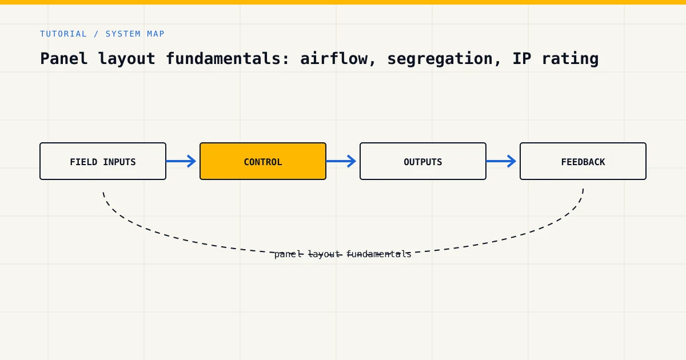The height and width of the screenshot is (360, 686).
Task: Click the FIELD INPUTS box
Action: pyautogui.click(x=103, y=161)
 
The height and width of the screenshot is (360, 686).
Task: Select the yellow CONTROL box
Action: pyautogui.click(x=263, y=161)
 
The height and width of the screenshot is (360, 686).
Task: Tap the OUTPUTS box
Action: pyautogui.click(x=423, y=161)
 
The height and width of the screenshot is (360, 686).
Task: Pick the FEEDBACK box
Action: pyautogui.click(x=583, y=161)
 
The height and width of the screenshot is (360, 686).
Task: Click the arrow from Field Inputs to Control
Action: pyautogui.click(x=181, y=161)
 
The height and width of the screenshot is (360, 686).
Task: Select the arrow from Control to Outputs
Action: pyautogui.click(x=341, y=161)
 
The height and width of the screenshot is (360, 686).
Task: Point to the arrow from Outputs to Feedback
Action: pyautogui.click(x=501, y=161)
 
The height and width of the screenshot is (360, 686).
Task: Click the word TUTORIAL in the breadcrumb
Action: pyautogui.click(x=63, y=34)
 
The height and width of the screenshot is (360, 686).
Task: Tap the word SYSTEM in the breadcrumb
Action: pyautogui.click(x=123, y=34)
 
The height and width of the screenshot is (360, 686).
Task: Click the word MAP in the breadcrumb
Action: pyautogui.click(x=155, y=34)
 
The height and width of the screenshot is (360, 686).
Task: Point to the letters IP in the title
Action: pyautogui.click(x=522, y=58)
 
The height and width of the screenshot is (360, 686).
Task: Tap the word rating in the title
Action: pyautogui.click(x=571, y=59)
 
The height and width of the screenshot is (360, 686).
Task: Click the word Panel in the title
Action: pyautogui.click(x=64, y=58)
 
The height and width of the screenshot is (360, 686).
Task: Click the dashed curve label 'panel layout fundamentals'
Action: pyautogui.click(x=342, y=254)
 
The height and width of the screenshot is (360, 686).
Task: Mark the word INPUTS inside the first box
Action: pyautogui.click(x=119, y=162)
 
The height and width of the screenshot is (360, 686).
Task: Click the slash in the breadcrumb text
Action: pyautogui.click(x=96, y=34)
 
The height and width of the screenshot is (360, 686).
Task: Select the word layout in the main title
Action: pyautogui.click(x=126, y=59)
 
